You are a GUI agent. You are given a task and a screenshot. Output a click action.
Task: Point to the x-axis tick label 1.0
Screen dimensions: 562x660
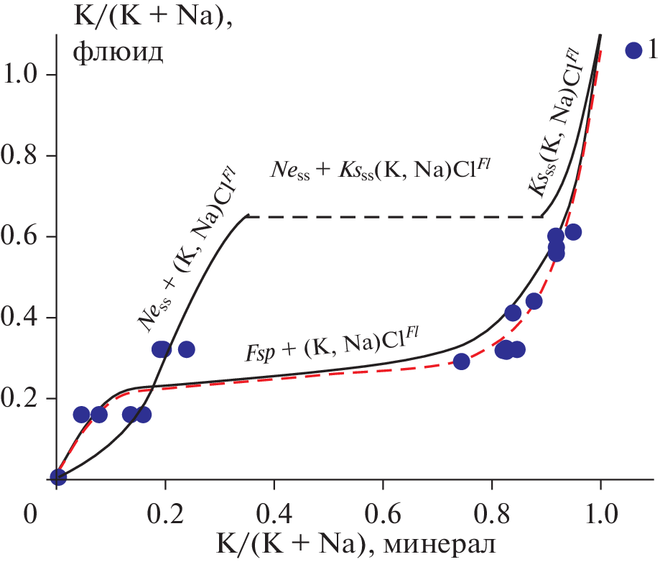600,515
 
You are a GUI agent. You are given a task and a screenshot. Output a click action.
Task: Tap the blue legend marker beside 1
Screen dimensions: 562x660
633,50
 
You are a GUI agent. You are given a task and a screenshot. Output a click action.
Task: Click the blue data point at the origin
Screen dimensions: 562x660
59,477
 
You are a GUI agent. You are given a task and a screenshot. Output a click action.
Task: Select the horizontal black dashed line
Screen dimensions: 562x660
395,216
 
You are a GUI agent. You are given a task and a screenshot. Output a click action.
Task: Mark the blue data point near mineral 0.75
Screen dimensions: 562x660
462,361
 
